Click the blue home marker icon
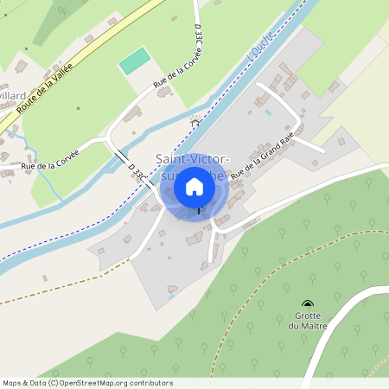(x=194, y=187)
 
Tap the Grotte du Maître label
(x=307, y=320)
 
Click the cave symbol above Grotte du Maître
(x=308, y=303)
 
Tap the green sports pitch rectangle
(x=133, y=61)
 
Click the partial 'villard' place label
(x=13, y=96)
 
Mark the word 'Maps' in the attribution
(x=13, y=382)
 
